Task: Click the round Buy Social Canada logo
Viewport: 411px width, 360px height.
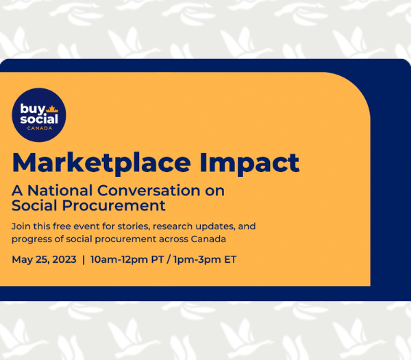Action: (x=39, y=115)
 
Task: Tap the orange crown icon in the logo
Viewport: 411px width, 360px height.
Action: (x=52, y=109)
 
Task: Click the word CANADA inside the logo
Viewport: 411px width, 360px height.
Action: (x=40, y=128)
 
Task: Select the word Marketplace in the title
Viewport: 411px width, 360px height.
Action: (x=101, y=163)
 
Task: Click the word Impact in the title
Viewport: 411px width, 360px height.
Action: (x=249, y=163)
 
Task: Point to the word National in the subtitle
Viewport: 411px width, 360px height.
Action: (x=60, y=190)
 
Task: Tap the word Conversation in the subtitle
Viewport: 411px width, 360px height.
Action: (x=149, y=190)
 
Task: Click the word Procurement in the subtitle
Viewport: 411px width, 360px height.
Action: (x=114, y=205)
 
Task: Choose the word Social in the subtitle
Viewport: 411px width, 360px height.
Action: (x=34, y=205)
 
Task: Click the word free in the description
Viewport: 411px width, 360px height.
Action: (x=62, y=226)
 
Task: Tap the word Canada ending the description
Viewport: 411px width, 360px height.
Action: (x=208, y=239)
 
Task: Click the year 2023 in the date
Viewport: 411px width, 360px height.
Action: (x=64, y=259)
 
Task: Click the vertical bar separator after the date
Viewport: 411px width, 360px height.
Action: (x=84, y=259)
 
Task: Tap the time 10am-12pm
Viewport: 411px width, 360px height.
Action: (x=119, y=259)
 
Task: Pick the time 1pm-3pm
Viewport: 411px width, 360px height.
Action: (x=197, y=259)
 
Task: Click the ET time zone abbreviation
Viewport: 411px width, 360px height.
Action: (x=230, y=259)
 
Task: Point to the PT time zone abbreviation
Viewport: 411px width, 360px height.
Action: (x=158, y=259)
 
